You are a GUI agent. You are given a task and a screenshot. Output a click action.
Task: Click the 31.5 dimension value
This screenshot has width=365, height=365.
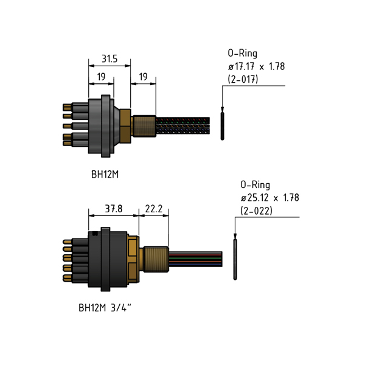click(109, 58)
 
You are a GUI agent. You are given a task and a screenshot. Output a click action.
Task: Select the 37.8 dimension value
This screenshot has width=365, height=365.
click(114, 209)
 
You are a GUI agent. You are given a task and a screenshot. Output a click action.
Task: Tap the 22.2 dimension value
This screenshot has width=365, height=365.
click(154, 209)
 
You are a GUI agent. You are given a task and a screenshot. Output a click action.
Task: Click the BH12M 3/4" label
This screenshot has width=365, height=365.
click(105, 308)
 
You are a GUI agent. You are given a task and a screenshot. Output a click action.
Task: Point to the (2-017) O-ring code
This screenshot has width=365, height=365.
click(243, 79)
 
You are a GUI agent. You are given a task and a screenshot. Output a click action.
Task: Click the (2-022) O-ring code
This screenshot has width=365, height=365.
click(256, 211)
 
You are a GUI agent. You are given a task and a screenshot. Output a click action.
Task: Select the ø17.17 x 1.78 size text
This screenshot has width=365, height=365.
click(256, 66)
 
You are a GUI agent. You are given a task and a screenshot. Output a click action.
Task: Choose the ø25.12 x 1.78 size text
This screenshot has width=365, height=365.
click(269, 198)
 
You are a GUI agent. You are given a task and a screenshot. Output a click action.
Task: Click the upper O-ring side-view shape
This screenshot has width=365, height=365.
click(222, 126)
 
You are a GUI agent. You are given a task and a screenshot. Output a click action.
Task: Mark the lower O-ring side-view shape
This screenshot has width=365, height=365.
click(235, 259)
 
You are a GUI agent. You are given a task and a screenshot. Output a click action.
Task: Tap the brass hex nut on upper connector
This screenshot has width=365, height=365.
click(125, 126)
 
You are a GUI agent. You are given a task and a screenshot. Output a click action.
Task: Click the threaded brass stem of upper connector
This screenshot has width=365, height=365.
click(144, 126)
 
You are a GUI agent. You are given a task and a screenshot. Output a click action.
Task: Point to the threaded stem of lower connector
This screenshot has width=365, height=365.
click(156, 259)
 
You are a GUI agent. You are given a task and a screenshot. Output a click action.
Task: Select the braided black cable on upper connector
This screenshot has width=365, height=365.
click(183, 126)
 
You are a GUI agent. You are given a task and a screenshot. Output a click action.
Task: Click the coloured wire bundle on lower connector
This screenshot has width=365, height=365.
click(195, 259)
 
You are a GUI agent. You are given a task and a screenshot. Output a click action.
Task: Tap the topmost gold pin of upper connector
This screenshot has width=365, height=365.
click(67, 107)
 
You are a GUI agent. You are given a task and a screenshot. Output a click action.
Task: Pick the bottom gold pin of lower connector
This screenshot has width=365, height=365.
click(67, 278)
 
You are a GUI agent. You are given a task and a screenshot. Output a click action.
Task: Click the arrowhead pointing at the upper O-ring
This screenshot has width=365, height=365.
click(222, 109)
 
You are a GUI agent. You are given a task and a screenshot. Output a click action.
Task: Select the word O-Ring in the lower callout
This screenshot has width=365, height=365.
click(255, 185)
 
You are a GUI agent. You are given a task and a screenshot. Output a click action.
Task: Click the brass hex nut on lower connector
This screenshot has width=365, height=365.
click(133, 259)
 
